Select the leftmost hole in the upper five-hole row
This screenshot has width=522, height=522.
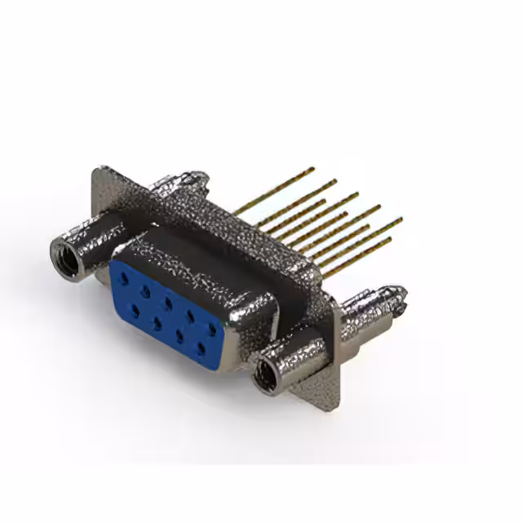point(123,278)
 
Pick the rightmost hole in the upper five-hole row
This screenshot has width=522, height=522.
point(212,330)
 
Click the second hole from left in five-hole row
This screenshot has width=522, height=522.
point(146,290)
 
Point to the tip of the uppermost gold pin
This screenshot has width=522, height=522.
point(312,170)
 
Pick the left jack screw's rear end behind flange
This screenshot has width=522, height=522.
point(196,176)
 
